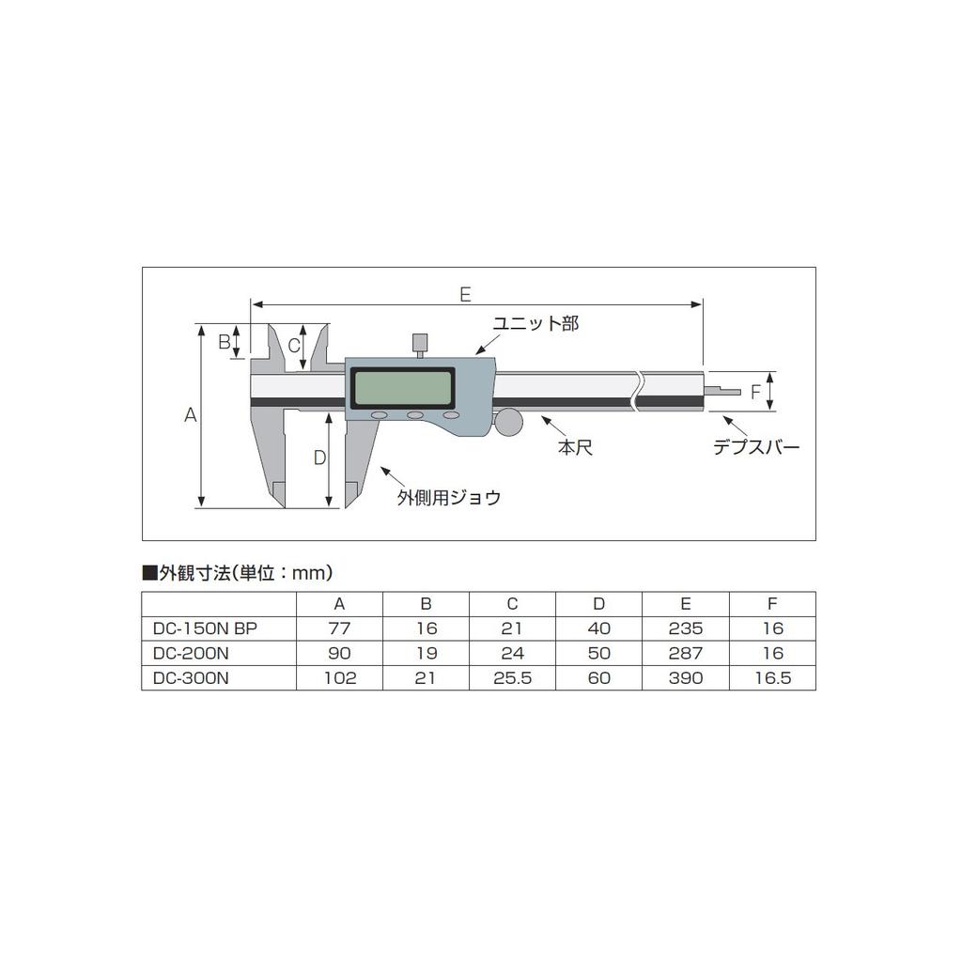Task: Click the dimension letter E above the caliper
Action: [465, 293]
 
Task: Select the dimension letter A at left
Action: [190, 414]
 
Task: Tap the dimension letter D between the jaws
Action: [318, 458]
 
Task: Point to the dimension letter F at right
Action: [754, 392]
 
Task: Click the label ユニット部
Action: [536, 324]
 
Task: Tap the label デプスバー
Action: [755, 448]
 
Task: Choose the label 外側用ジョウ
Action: [448, 498]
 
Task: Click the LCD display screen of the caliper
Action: [401, 385]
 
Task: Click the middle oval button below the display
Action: [415, 415]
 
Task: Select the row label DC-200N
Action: [190, 653]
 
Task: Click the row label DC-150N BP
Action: [204, 628]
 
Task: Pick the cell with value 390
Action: [686, 678]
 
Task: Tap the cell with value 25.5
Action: [512, 678]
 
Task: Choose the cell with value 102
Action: [339, 678]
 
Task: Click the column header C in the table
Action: [512, 603]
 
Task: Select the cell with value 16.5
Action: [772, 678]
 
